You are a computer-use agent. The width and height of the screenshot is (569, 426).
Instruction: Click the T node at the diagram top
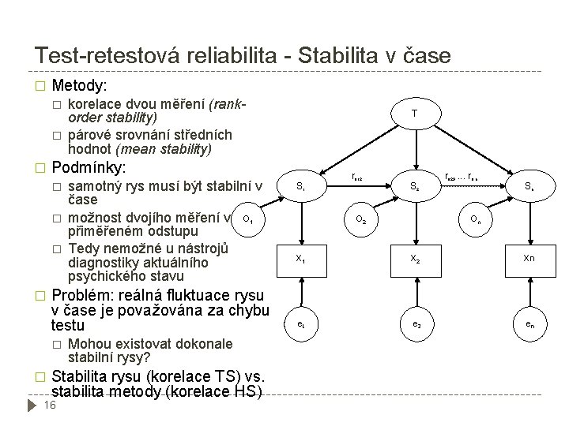coord(415,114)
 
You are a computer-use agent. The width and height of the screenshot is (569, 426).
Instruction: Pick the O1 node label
coord(247,218)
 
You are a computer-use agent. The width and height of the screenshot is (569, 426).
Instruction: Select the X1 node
coord(300,258)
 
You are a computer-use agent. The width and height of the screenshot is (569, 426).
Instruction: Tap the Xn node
coord(529,258)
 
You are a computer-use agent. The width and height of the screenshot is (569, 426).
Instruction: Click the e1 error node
coord(300,323)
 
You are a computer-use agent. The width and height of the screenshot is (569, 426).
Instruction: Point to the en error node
coord(529,323)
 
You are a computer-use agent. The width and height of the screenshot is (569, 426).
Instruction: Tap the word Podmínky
coord(88,168)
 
